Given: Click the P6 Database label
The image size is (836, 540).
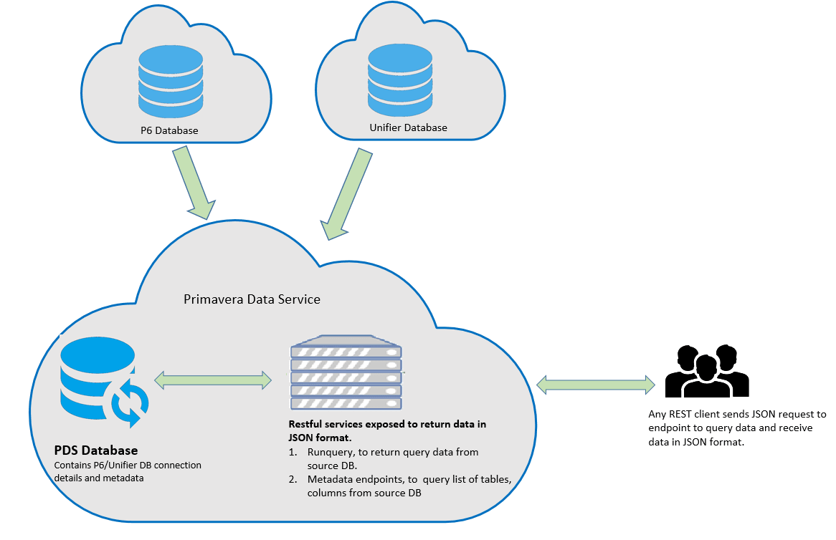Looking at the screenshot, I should [169, 131].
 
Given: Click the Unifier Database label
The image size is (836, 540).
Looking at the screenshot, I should [408, 127].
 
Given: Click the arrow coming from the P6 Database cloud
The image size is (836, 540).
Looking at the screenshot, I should [194, 180].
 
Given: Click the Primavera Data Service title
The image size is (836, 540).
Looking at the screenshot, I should [252, 299].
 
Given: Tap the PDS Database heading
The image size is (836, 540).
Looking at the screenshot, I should [96, 451].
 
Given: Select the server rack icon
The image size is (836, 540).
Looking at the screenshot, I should [346, 373].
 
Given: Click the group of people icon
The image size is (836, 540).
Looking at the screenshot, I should [706, 372].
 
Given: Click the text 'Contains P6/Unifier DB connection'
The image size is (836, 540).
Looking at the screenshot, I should [128, 465].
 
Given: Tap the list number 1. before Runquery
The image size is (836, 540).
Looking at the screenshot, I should [293, 452].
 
